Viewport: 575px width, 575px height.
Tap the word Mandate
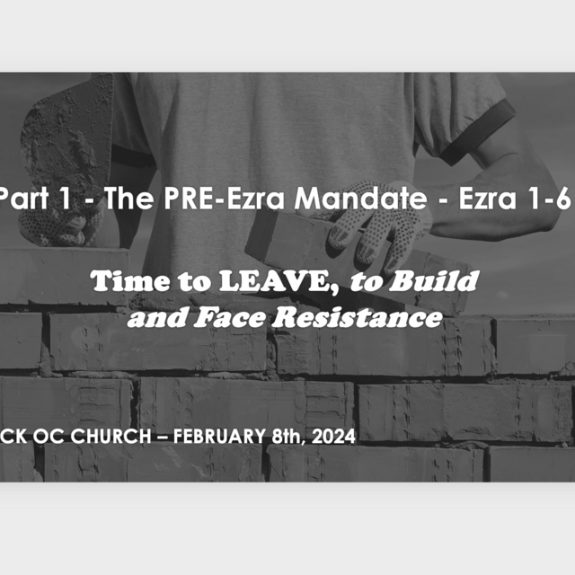(360, 198)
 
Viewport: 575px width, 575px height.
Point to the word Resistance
(358, 317)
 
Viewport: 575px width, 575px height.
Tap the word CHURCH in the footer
(111, 436)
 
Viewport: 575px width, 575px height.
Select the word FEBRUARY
(219, 436)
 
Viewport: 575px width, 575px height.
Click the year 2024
(333, 437)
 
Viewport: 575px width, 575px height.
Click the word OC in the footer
(49, 436)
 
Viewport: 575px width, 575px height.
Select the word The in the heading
(128, 198)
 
